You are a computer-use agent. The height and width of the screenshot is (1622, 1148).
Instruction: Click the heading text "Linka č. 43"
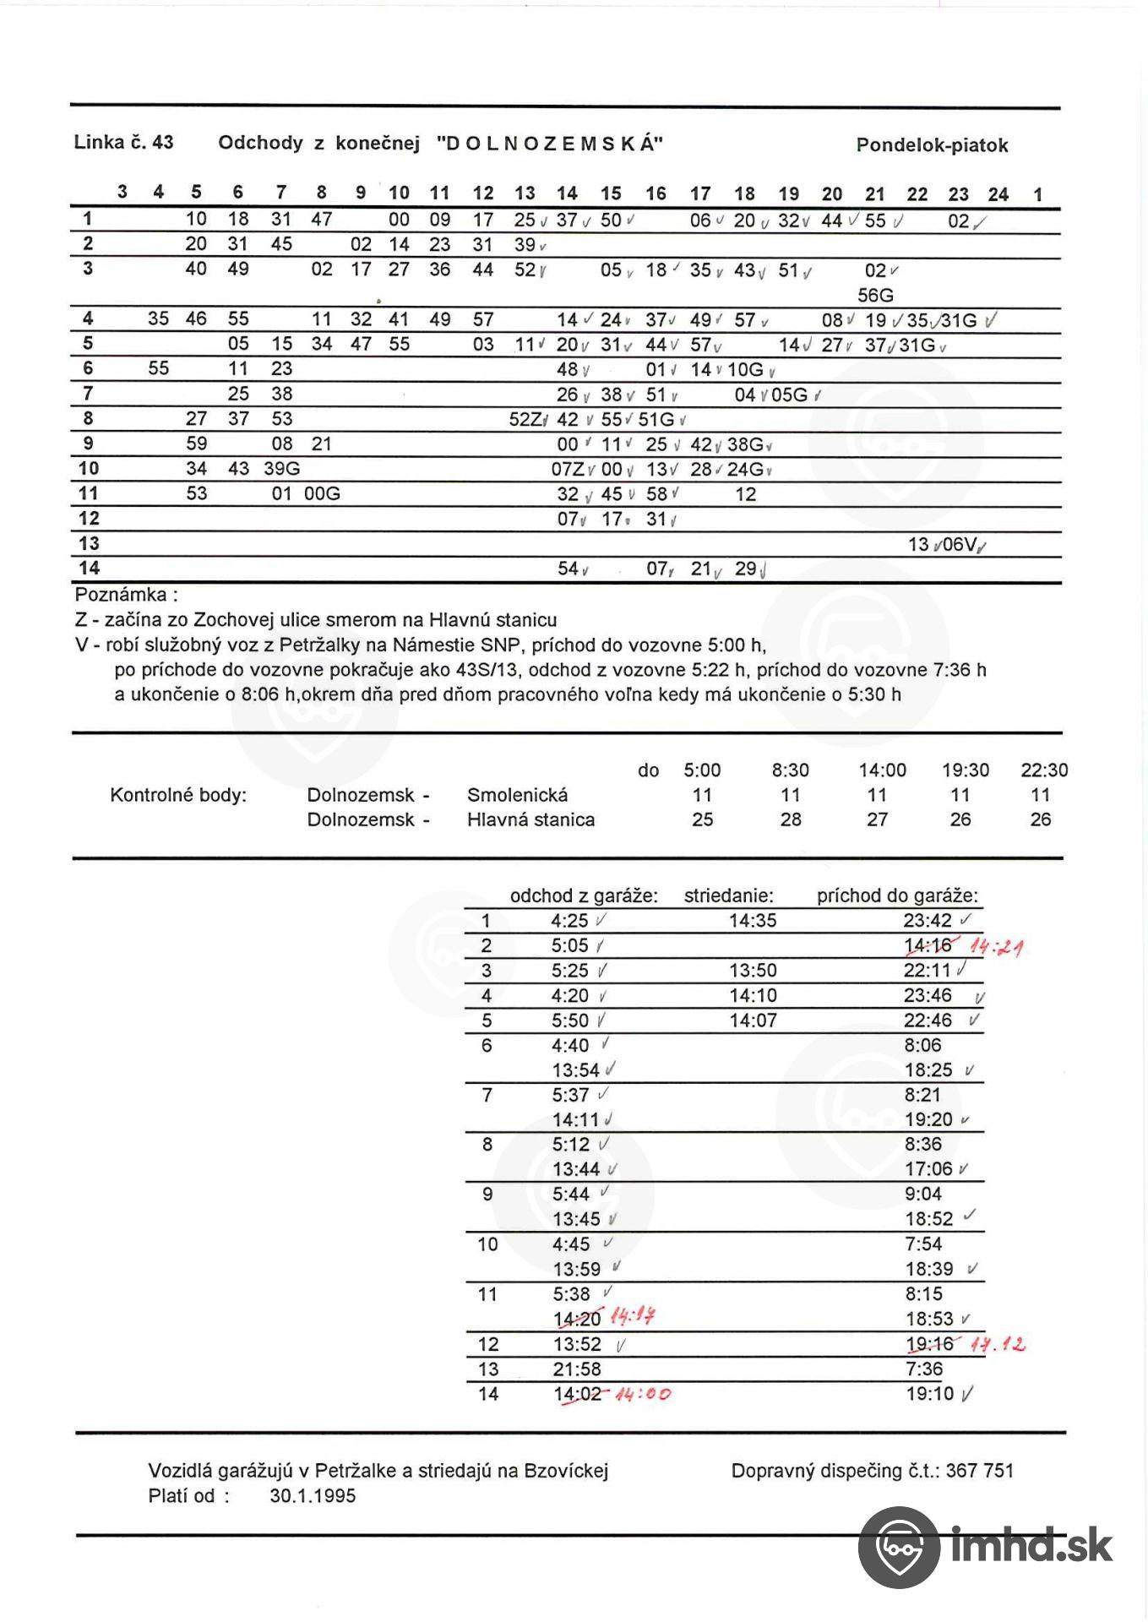(123, 142)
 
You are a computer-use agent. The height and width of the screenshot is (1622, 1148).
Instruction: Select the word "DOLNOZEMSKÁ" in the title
(550, 144)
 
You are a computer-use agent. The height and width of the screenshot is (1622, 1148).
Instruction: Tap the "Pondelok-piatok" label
(932, 145)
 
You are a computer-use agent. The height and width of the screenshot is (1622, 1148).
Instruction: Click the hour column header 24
(998, 195)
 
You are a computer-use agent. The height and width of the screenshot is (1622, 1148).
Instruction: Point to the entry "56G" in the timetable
(875, 296)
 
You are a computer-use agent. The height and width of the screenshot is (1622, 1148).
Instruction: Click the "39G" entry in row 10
(281, 469)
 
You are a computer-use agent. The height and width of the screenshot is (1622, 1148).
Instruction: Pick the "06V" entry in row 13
(960, 545)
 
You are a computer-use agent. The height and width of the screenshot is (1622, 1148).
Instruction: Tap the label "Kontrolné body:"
(178, 795)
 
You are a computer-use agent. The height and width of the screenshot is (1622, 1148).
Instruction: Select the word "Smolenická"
(517, 795)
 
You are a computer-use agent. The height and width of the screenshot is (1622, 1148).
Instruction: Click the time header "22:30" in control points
(1044, 770)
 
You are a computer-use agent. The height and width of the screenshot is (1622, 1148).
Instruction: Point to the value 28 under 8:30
(791, 819)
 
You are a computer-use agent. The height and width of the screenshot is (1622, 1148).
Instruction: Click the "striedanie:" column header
(728, 896)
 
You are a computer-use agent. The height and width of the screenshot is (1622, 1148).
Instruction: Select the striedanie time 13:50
(753, 971)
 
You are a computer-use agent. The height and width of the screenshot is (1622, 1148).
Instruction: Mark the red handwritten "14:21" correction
(998, 947)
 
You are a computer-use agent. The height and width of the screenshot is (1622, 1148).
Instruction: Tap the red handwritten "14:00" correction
(643, 1395)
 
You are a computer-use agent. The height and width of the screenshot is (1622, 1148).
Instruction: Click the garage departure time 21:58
(576, 1369)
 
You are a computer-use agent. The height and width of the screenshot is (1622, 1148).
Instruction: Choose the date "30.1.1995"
(313, 1496)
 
